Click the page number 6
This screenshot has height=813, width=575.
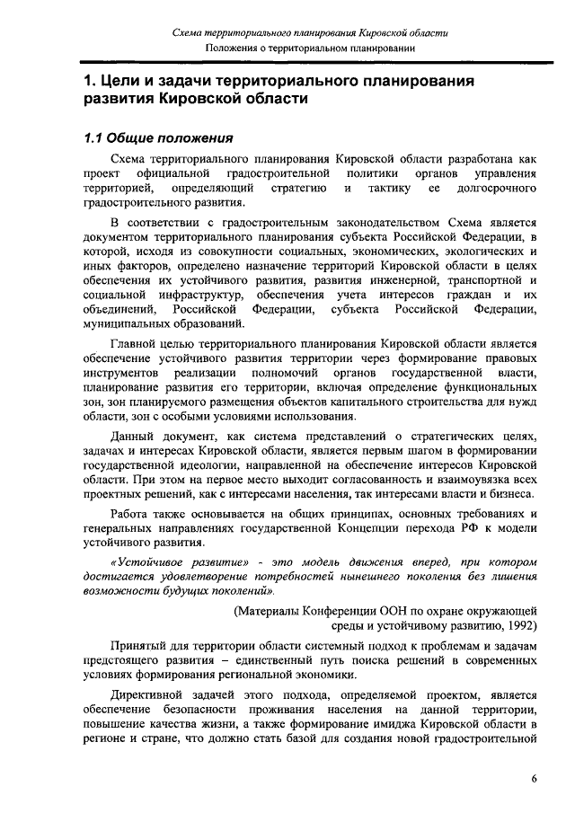[534, 779]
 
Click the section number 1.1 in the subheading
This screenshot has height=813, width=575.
[93, 139]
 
